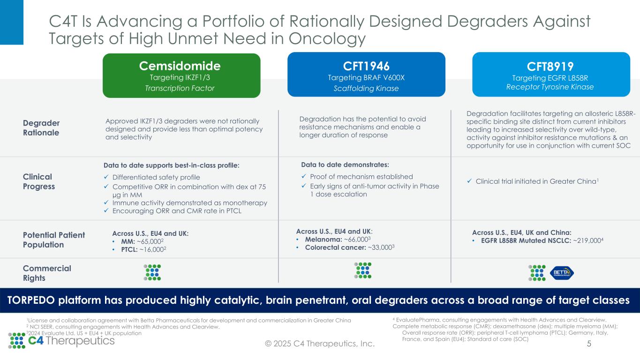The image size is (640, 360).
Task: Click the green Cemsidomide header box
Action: pos(181,75)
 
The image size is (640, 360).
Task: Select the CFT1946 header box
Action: pos(366,75)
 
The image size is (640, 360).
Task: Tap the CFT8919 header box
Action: pos(550,75)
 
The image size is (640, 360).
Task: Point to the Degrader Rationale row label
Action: pos(41,127)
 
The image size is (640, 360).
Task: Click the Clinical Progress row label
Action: pos(39,181)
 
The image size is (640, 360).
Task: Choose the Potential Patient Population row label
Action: pos(54,240)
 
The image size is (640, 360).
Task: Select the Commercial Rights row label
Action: pos(47,273)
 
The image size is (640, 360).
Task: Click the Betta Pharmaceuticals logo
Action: pos(561,272)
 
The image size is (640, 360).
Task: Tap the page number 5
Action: pos(589,344)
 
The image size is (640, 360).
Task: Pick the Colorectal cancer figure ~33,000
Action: pos(384,248)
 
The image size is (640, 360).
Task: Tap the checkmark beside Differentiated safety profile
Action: pos(106,177)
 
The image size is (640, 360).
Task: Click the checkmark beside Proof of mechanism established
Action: pos(304,177)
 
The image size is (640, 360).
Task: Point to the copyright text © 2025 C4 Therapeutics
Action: pos(320,344)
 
